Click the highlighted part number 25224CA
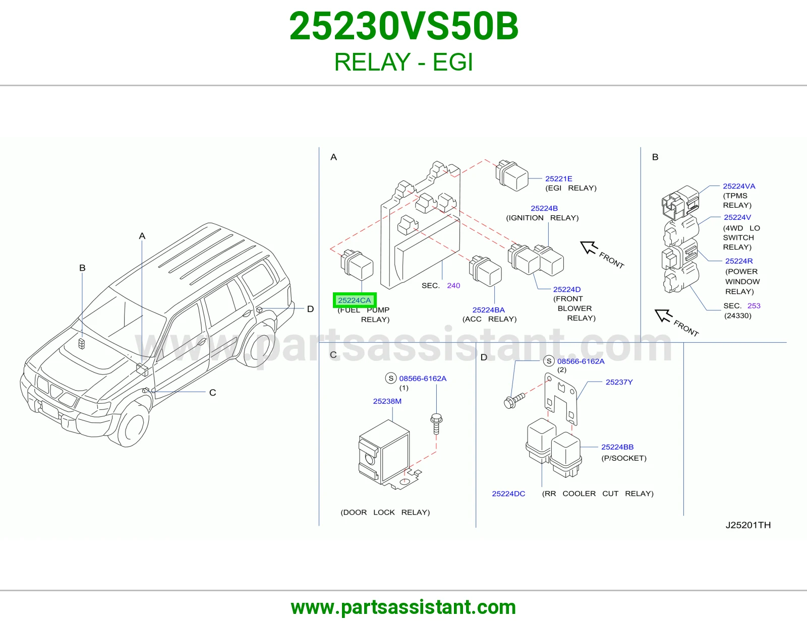[x=354, y=300]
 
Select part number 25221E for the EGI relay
[x=558, y=178]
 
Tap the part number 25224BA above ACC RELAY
[x=488, y=309]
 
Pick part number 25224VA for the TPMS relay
[x=739, y=186]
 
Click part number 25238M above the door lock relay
[x=387, y=401]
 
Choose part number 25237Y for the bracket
[x=619, y=382]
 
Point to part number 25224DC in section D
[x=508, y=493]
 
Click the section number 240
[x=453, y=285]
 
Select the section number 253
[x=754, y=305]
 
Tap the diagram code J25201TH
[x=748, y=525]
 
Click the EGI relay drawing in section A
[x=512, y=176]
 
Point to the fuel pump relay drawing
[x=357, y=265]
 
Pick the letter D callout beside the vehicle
[x=311, y=309]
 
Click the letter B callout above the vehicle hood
[x=82, y=268]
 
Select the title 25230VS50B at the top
[x=403, y=26]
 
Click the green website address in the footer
[x=403, y=607]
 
